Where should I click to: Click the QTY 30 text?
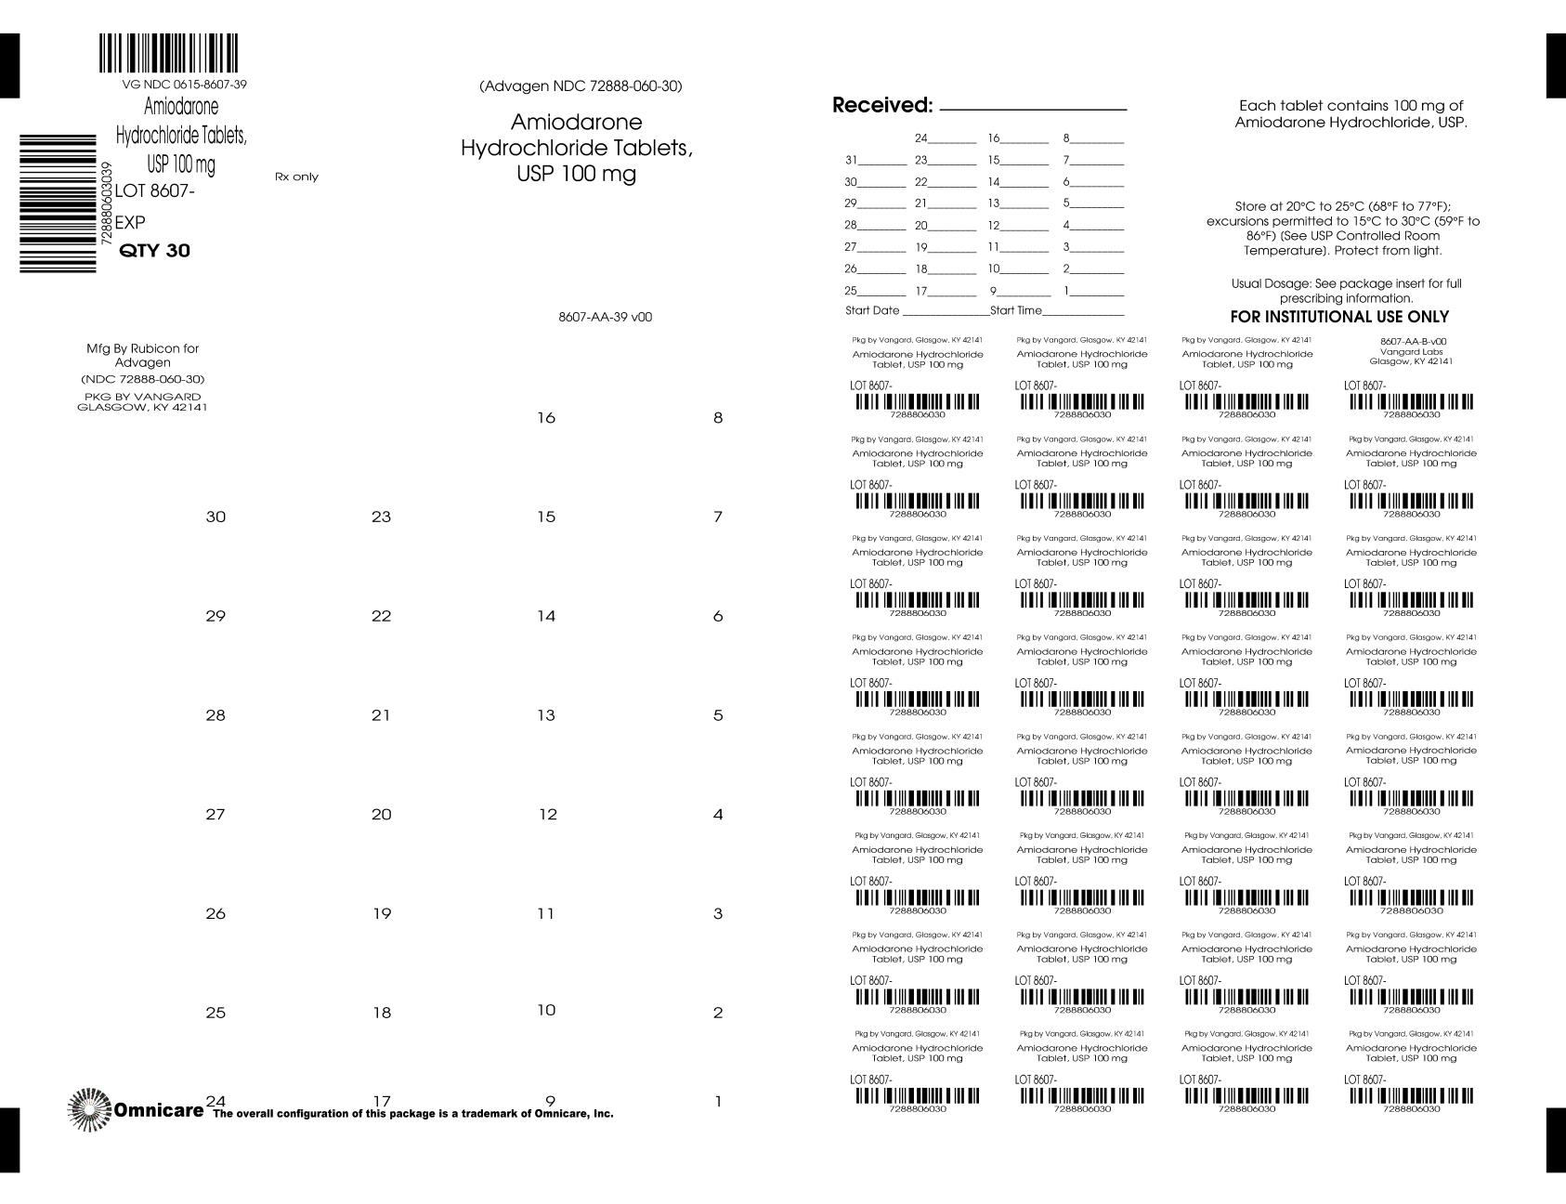[x=155, y=251]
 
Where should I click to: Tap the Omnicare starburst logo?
[x=89, y=1109]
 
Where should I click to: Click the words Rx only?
[x=296, y=177]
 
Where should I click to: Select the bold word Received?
[x=881, y=106]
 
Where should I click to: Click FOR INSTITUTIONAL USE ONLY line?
[x=1339, y=317]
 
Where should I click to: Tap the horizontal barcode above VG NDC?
[x=168, y=54]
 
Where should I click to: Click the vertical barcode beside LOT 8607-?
[x=58, y=203]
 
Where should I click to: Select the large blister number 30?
[x=215, y=517]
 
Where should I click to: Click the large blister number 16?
[x=546, y=418]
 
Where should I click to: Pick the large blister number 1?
[x=718, y=1103]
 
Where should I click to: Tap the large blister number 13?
[x=546, y=715]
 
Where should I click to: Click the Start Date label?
[x=872, y=310]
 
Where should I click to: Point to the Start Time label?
[x=1016, y=310]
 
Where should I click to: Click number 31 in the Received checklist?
[x=851, y=160]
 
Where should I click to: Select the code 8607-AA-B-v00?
[x=1413, y=341]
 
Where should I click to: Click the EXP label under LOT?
[x=130, y=223]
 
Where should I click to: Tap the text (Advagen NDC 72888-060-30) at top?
[x=581, y=86]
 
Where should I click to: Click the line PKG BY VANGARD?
[x=142, y=397]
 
